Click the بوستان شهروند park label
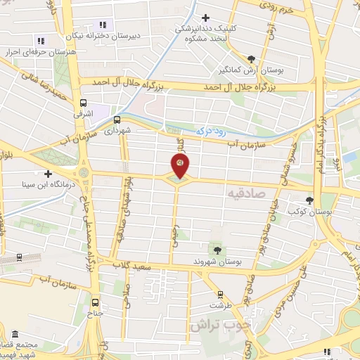coord(218,261)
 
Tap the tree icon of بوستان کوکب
coord(310,200)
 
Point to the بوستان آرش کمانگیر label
coord(252,70)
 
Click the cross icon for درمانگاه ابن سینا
coord(48,173)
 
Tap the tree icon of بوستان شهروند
coord(217,249)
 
